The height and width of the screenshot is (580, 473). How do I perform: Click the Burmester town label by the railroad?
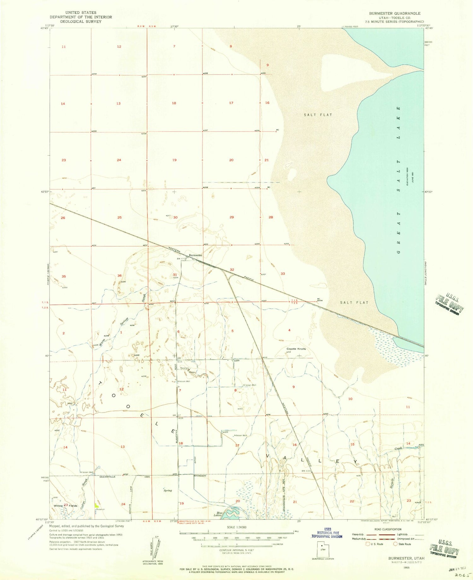tap(196, 255)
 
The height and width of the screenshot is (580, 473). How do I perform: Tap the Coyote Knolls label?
tap(296, 349)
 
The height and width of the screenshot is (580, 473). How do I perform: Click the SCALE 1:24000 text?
tap(236, 527)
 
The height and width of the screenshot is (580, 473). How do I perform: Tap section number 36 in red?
tap(120, 275)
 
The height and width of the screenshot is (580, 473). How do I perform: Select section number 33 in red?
tap(283, 274)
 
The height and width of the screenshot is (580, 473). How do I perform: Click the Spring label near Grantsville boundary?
tap(167, 490)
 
